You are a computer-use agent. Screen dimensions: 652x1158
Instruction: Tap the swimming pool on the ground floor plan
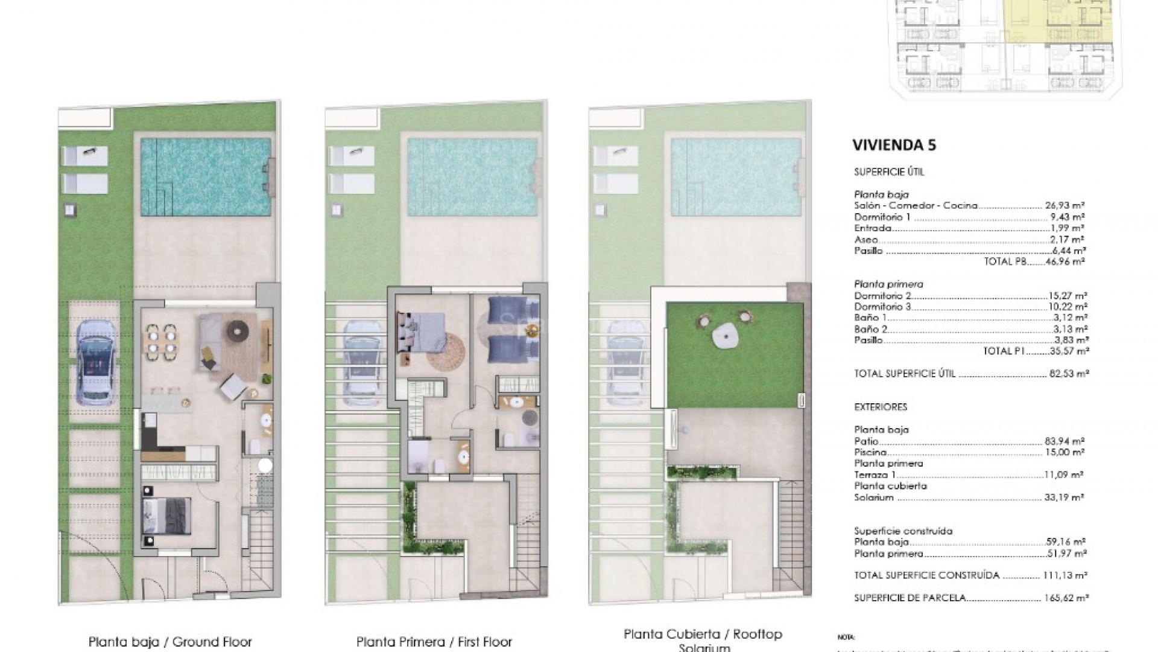tap(205, 176)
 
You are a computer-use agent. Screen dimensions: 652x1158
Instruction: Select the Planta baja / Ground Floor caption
tap(170, 642)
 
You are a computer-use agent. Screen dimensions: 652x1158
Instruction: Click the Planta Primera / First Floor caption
tap(434, 642)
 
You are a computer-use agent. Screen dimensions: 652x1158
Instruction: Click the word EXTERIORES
tap(881, 407)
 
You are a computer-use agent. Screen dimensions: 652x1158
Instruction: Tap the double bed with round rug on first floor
tap(422, 338)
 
